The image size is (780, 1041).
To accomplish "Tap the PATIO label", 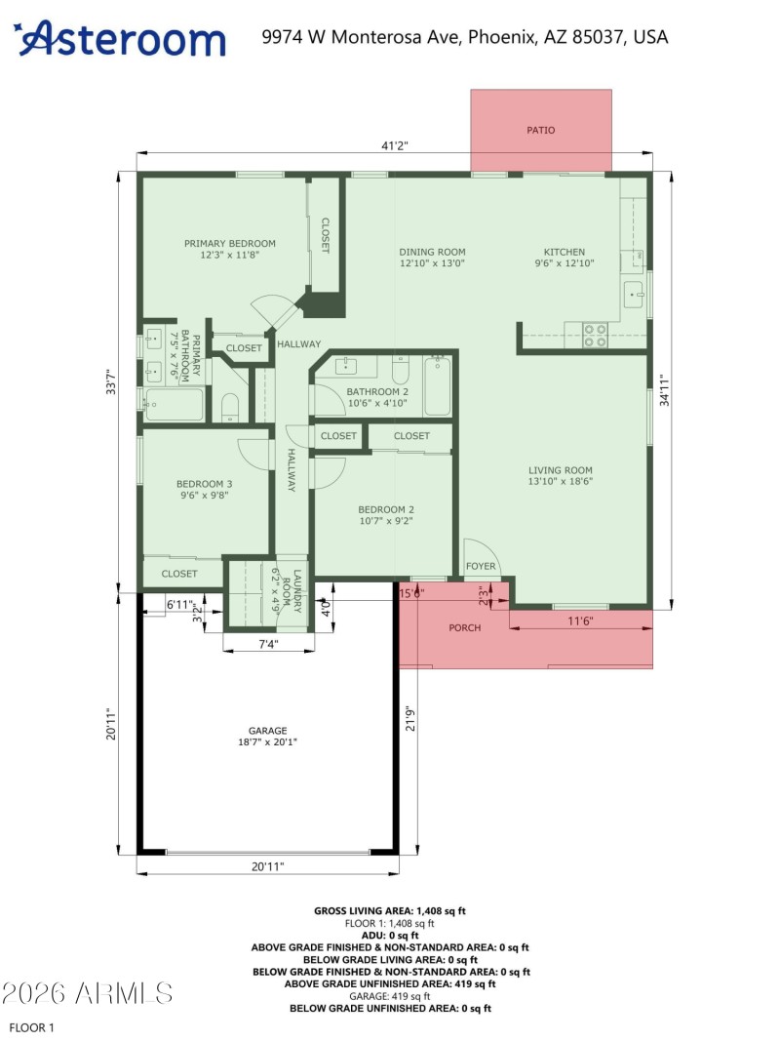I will [541, 130].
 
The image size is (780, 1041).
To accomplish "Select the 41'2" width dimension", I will [394, 145].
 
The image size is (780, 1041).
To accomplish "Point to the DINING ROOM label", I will [432, 257].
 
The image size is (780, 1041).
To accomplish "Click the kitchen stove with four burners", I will [595, 335].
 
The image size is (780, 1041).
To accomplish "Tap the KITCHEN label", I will [565, 257].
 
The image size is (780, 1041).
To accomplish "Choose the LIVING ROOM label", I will [561, 475].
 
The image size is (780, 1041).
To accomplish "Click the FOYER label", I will [481, 567].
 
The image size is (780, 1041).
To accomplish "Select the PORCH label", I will [464, 627].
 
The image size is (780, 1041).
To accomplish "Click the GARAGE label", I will [267, 736].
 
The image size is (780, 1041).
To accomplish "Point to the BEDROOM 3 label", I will [204, 489].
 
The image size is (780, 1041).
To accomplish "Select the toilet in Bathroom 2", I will [401, 371].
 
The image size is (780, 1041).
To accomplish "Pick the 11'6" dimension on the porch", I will [580, 621].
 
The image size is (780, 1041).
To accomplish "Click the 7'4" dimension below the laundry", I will [268, 644].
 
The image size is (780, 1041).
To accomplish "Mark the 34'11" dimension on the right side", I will [662, 390].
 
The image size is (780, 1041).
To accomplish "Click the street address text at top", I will [465, 37].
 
